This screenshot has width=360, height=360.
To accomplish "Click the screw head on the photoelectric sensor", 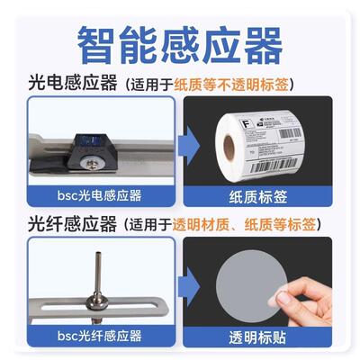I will click(92, 164).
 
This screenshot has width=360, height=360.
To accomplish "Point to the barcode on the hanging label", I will click(288, 167).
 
